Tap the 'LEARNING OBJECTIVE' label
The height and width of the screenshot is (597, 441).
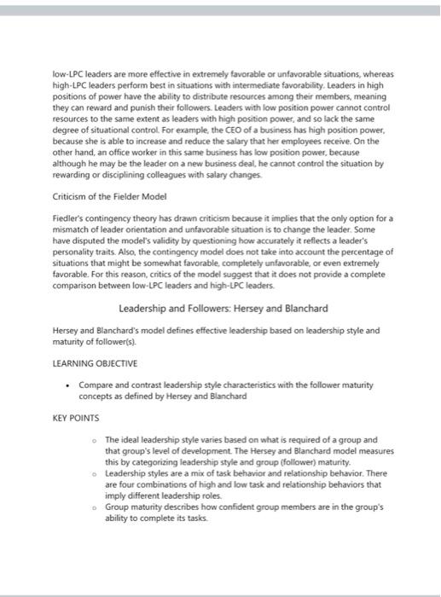(90, 362)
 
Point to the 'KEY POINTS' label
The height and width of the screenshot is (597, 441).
(76, 418)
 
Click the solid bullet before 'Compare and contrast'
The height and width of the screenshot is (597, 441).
(71, 385)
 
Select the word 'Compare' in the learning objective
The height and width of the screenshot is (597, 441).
(96, 385)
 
